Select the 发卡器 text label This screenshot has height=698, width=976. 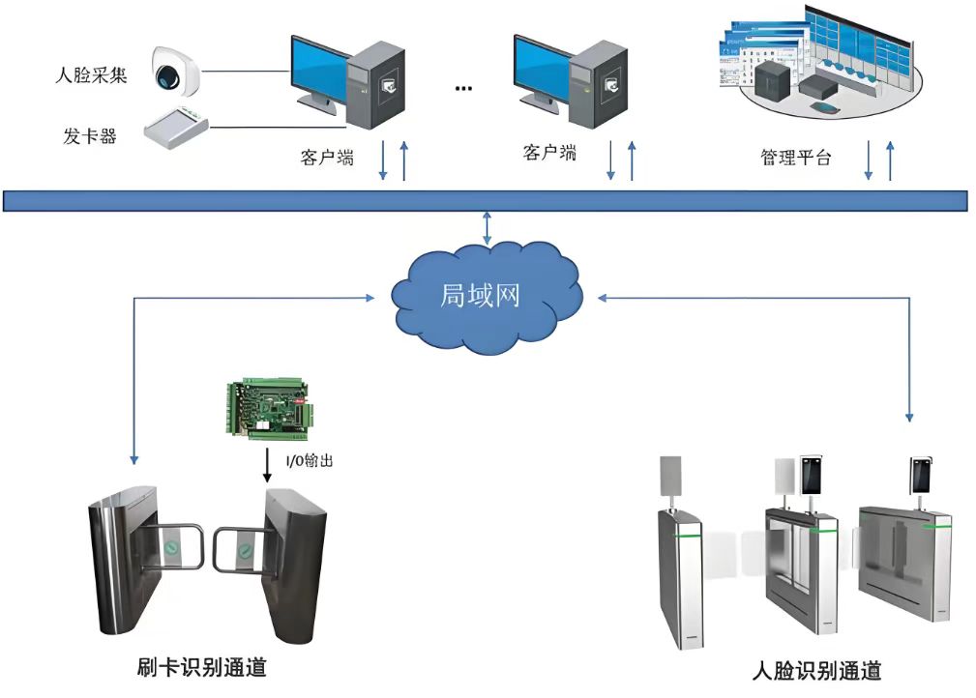(90, 136)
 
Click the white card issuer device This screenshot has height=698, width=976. (176, 126)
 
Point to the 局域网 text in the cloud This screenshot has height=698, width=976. (480, 295)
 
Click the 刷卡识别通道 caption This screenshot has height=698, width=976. (202, 667)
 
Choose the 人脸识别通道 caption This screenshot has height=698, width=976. (815, 671)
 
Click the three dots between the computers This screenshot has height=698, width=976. (463, 88)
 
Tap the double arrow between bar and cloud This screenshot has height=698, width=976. (488, 228)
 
